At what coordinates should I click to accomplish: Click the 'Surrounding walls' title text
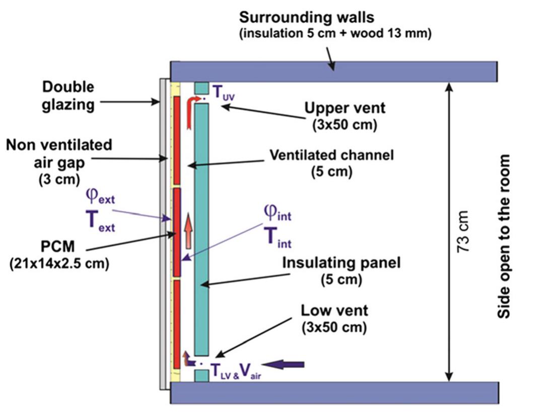(314, 18)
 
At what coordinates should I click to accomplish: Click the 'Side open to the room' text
(504, 236)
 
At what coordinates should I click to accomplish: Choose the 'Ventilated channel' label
(331, 155)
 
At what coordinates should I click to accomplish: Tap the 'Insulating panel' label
(334, 263)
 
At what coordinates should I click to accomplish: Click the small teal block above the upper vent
(201, 88)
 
